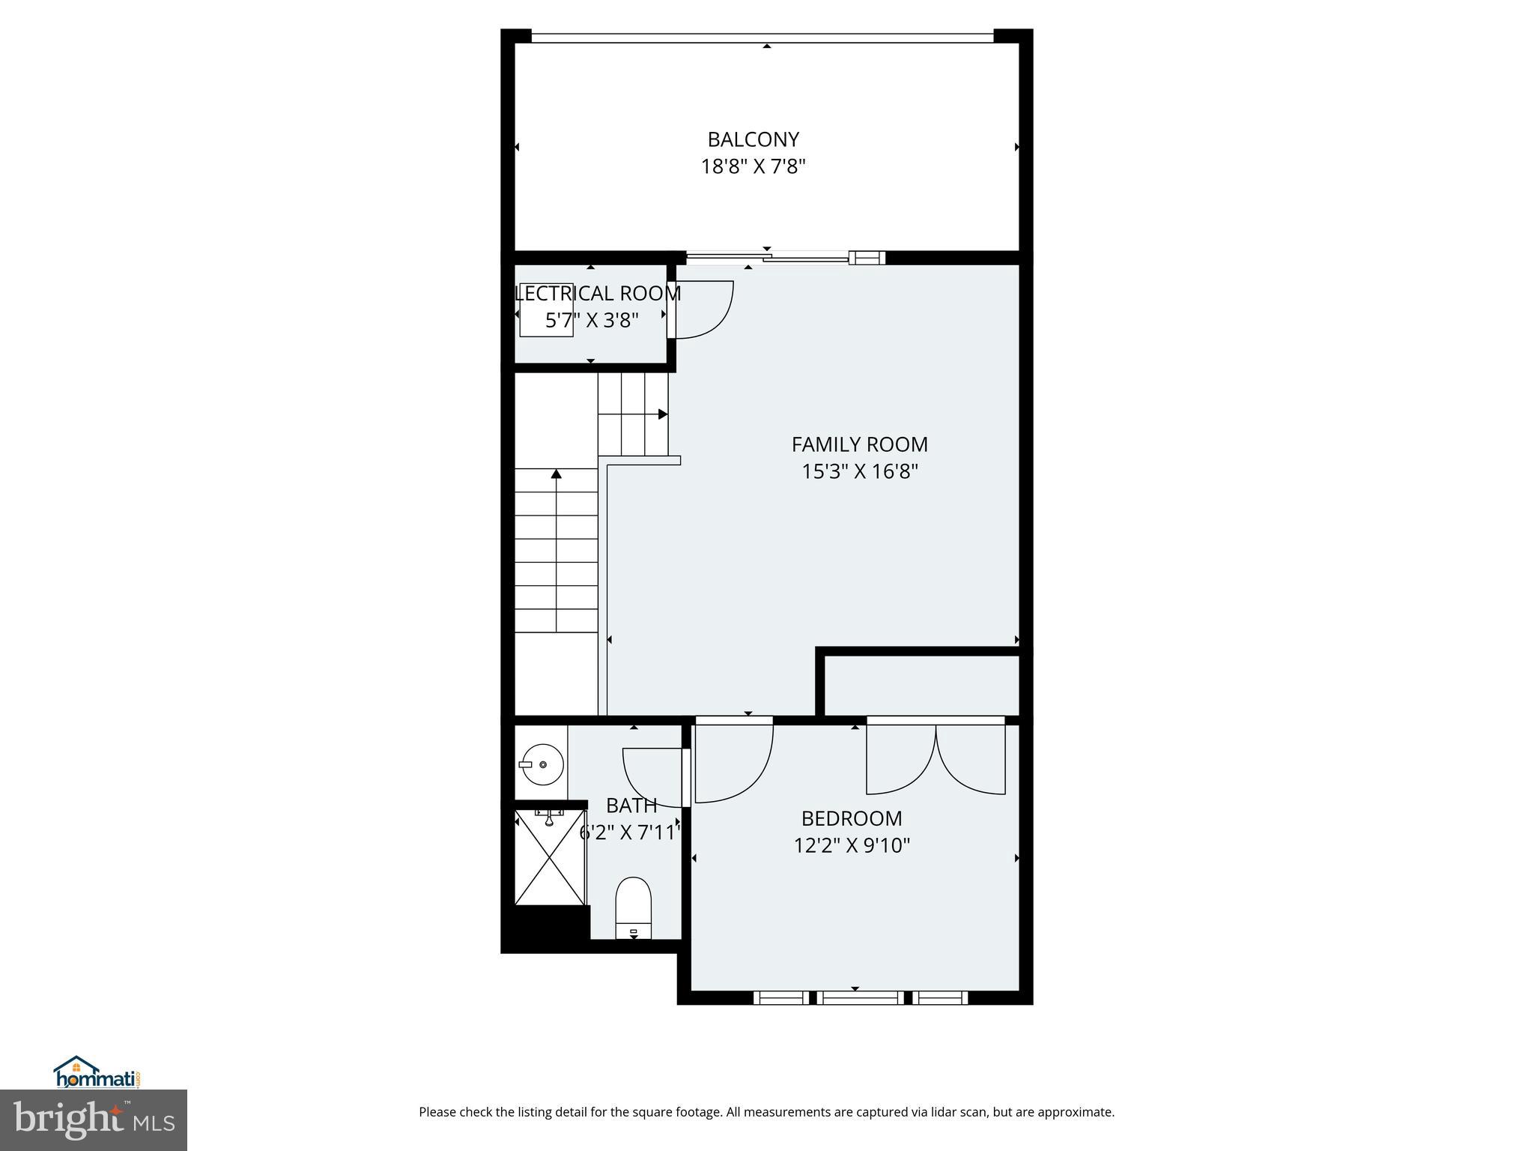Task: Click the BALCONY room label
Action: point(753,139)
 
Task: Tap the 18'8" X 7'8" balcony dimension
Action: point(753,166)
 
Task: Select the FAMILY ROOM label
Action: point(859,444)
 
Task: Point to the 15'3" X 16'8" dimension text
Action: point(859,471)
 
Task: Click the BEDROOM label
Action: point(852,818)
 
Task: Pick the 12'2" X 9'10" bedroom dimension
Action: point(852,845)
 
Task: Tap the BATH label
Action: point(631,806)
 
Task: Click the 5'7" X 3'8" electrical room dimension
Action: point(592,321)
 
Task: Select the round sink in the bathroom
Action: point(542,764)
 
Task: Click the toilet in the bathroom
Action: point(634,907)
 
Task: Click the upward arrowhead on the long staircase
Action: point(556,474)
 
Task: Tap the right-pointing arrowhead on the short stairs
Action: point(663,414)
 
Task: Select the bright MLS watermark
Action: point(93,1120)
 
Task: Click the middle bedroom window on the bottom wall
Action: point(859,997)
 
